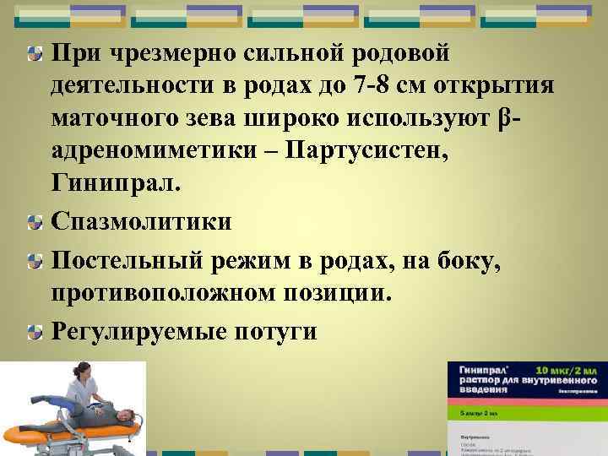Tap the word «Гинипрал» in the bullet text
117,183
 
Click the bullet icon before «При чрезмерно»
33,53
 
